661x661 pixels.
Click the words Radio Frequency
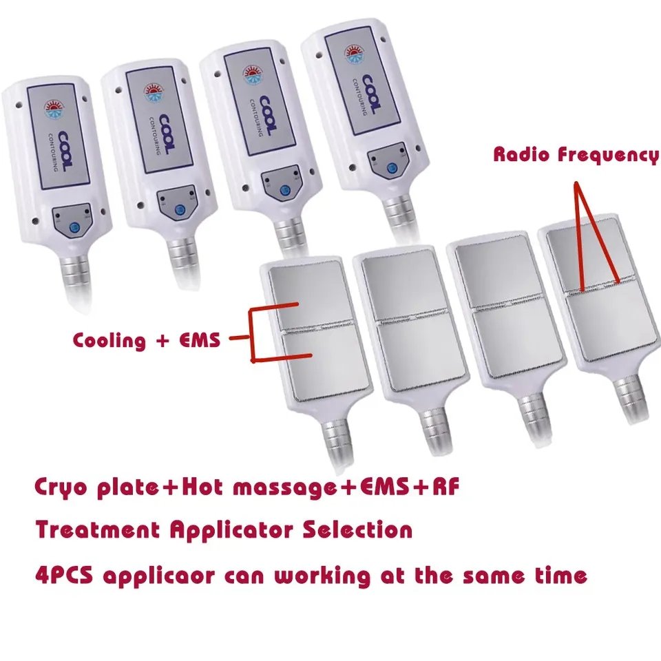(576, 155)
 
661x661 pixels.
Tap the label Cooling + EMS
(146, 340)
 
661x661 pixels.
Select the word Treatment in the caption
(97, 529)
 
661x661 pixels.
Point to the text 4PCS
(63, 575)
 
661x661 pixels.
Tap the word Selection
(357, 529)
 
